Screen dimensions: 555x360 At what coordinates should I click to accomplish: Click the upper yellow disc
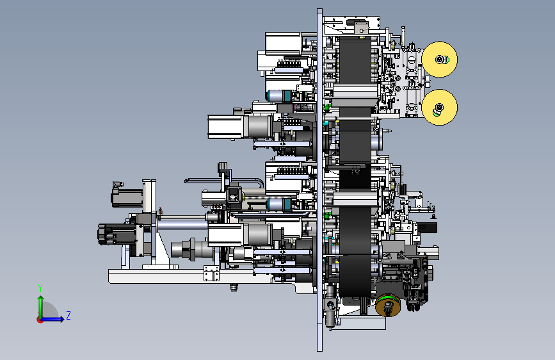click(440, 59)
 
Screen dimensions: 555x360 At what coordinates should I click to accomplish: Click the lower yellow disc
click(440, 107)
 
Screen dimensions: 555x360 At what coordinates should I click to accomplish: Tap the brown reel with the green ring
click(388, 305)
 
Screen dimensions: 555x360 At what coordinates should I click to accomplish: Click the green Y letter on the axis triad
click(40, 288)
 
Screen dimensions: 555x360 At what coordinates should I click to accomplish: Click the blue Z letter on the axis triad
click(68, 315)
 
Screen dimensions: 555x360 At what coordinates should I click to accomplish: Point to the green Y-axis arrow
click(41, 307)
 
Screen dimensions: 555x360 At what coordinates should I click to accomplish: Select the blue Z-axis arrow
click(52, 319)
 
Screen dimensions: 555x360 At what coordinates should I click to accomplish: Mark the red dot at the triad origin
click(40, 320)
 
